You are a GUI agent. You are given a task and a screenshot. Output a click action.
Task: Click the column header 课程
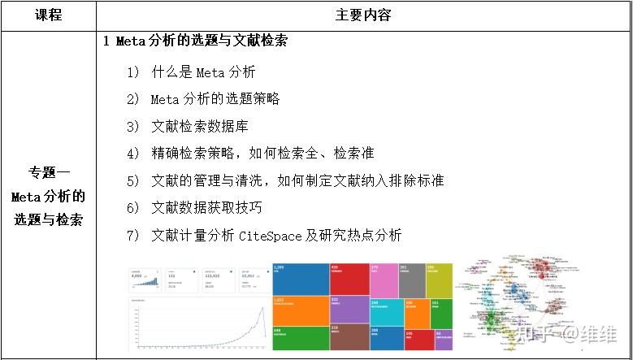tap(48, 15)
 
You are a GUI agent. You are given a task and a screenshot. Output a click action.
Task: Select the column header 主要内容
tap(362, 15)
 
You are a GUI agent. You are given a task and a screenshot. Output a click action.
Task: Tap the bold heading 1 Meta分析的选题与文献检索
tap(196, 41)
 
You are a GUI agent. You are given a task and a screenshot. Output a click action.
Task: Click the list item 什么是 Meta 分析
tap(203, 72)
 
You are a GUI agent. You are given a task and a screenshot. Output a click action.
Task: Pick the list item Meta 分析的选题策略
tap(215, 99)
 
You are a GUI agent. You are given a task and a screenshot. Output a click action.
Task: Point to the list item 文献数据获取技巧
tap(206, 208)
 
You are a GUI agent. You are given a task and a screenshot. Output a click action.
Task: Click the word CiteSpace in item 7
tap(270, 236)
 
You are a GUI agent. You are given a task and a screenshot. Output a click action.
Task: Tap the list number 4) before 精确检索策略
tap(134, 153)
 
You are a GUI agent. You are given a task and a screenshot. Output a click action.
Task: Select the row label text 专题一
tap(48, 172)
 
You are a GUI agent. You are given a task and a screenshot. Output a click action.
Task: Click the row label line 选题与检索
tap(48, 219)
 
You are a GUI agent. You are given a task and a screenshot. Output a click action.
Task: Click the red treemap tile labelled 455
tap(349, 279)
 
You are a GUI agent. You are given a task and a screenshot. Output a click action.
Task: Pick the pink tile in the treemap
tap(384, 280)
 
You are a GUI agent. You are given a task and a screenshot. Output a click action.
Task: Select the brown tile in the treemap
tap(349, 336)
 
